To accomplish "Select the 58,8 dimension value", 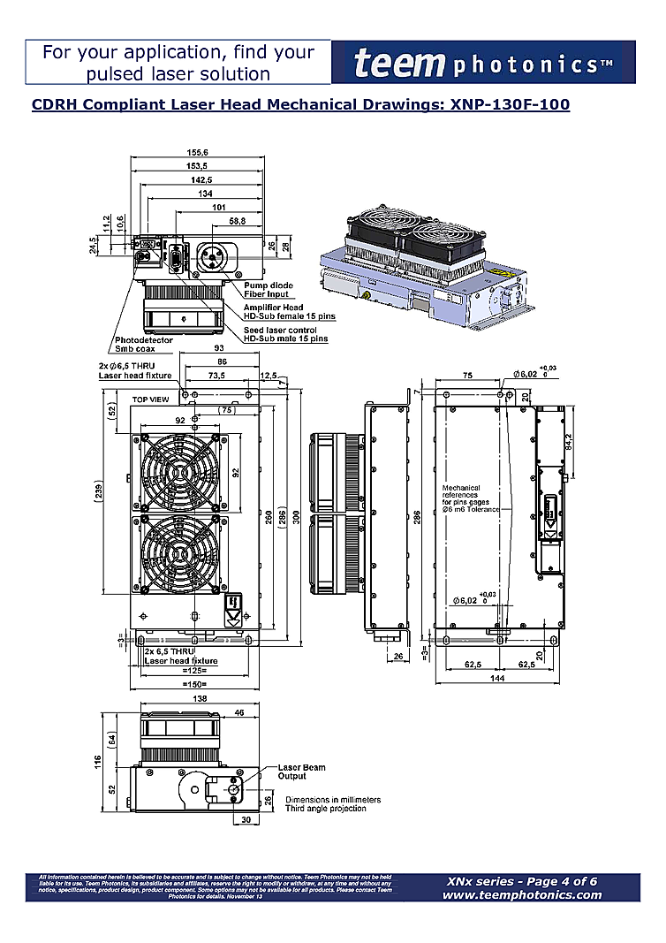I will coord(237,220).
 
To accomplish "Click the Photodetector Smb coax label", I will coord(144,344).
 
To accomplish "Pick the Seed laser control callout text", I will coord(285,334).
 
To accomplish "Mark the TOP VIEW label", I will coord(150,400).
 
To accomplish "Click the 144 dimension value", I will coord(499,679).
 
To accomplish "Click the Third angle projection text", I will coord(325,810).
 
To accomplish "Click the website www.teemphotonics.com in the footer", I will coord(522,894).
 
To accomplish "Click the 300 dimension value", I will coord(297,519).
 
